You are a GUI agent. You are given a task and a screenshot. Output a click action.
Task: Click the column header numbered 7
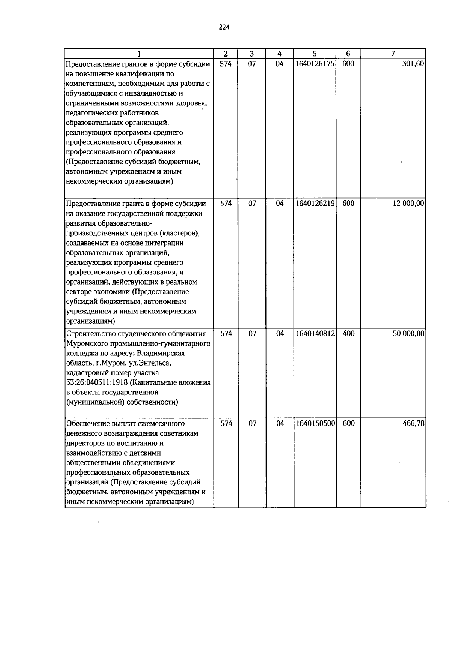coord(393,54)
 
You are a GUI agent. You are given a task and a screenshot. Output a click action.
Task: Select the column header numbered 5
coord(315,54)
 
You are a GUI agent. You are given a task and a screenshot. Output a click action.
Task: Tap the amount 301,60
coord(413,64)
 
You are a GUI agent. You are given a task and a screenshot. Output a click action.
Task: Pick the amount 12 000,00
coord(408,204)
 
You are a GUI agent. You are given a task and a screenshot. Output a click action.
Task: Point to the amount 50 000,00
coord(408,334)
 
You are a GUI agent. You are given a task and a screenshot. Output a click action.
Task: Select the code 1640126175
coord(315,64)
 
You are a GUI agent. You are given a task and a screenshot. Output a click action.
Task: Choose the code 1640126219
coord(315,204)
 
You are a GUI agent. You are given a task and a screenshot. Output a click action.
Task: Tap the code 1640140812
coord(315,334)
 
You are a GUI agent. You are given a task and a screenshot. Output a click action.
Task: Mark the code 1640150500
coord(315,424)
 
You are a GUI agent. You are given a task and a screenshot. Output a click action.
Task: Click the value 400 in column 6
coord(348,334)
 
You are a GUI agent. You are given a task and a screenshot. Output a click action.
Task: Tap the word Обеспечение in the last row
coord(88,424)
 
